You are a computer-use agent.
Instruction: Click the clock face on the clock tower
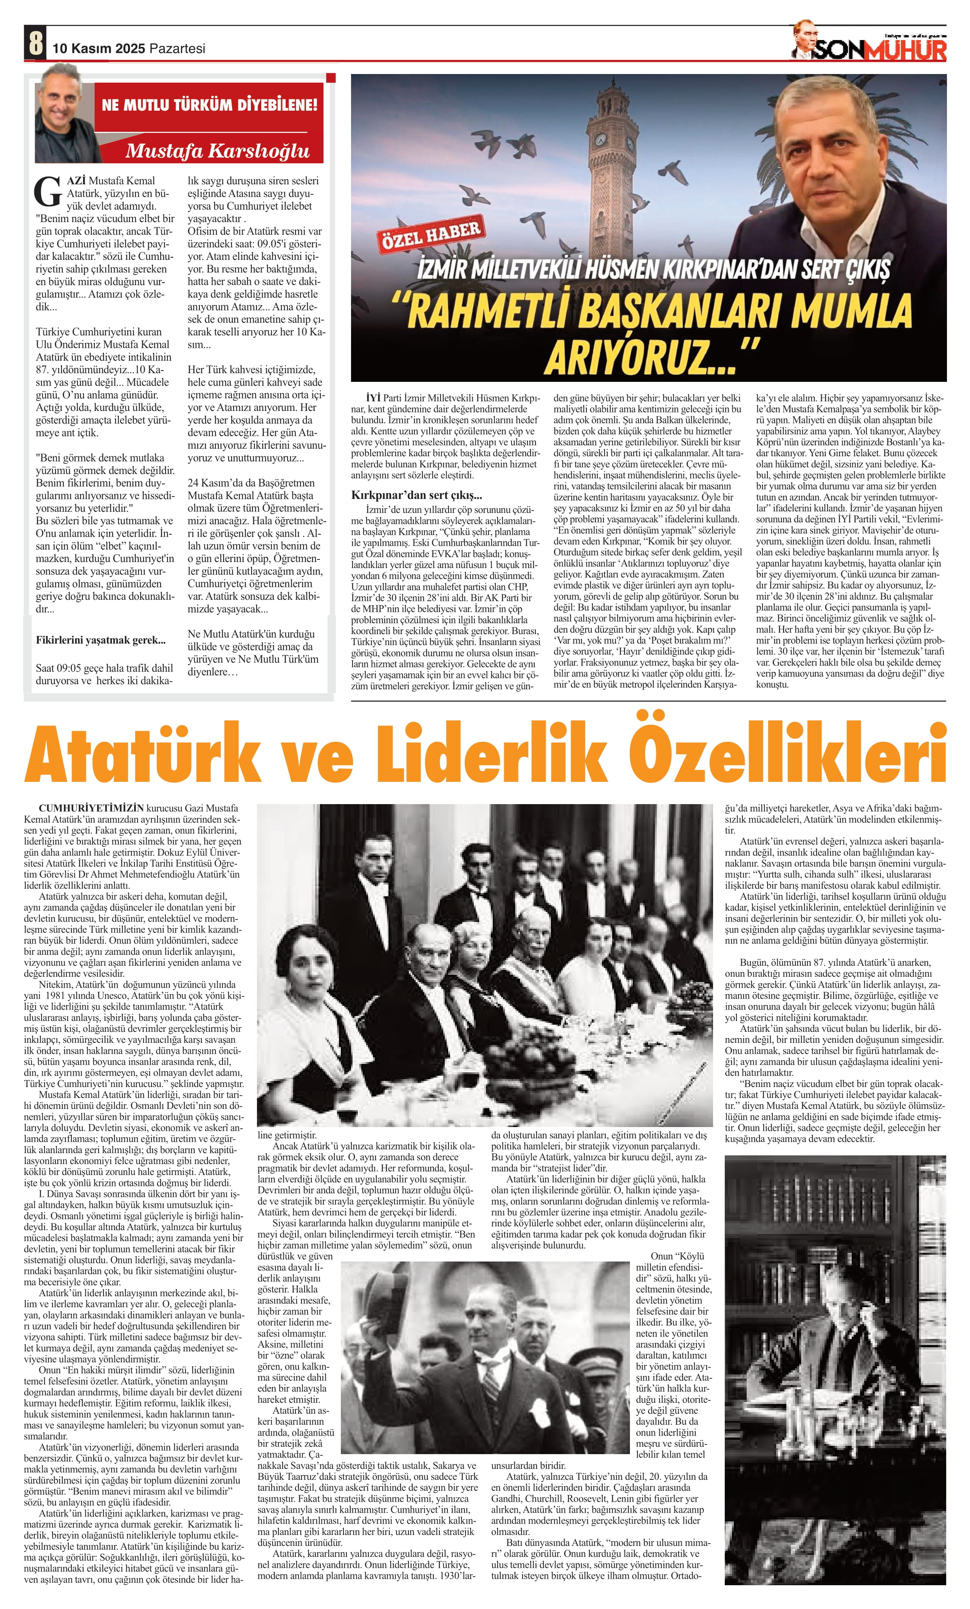tap(599, 139)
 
